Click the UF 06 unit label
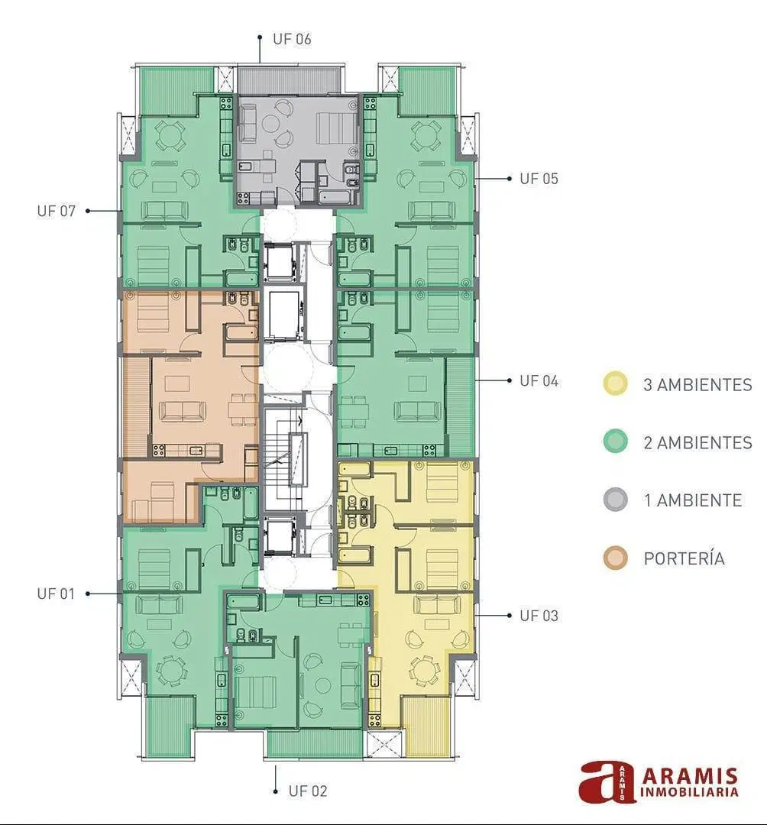292,39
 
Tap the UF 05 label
539,179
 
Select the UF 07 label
57,211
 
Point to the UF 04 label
539,381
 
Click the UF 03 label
539,616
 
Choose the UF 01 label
57,594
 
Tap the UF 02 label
308,791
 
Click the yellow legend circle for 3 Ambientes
616,383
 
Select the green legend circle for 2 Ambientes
616,442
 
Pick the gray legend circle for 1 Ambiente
616,500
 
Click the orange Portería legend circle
616,558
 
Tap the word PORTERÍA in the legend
684,558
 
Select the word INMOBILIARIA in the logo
690,791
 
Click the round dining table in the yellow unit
424,671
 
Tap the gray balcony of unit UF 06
290,79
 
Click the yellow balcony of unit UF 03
426,728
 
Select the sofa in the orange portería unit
183,412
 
